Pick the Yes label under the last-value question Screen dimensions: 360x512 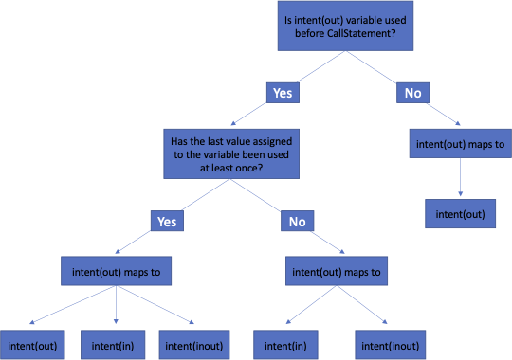tap(167, 222)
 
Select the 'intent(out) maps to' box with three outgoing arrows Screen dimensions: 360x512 tap(116, 273)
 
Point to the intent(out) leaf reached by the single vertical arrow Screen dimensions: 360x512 tap(459, 213)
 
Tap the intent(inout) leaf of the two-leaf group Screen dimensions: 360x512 tap(388, 344)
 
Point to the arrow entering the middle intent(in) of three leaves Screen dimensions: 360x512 tap(116, 308)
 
